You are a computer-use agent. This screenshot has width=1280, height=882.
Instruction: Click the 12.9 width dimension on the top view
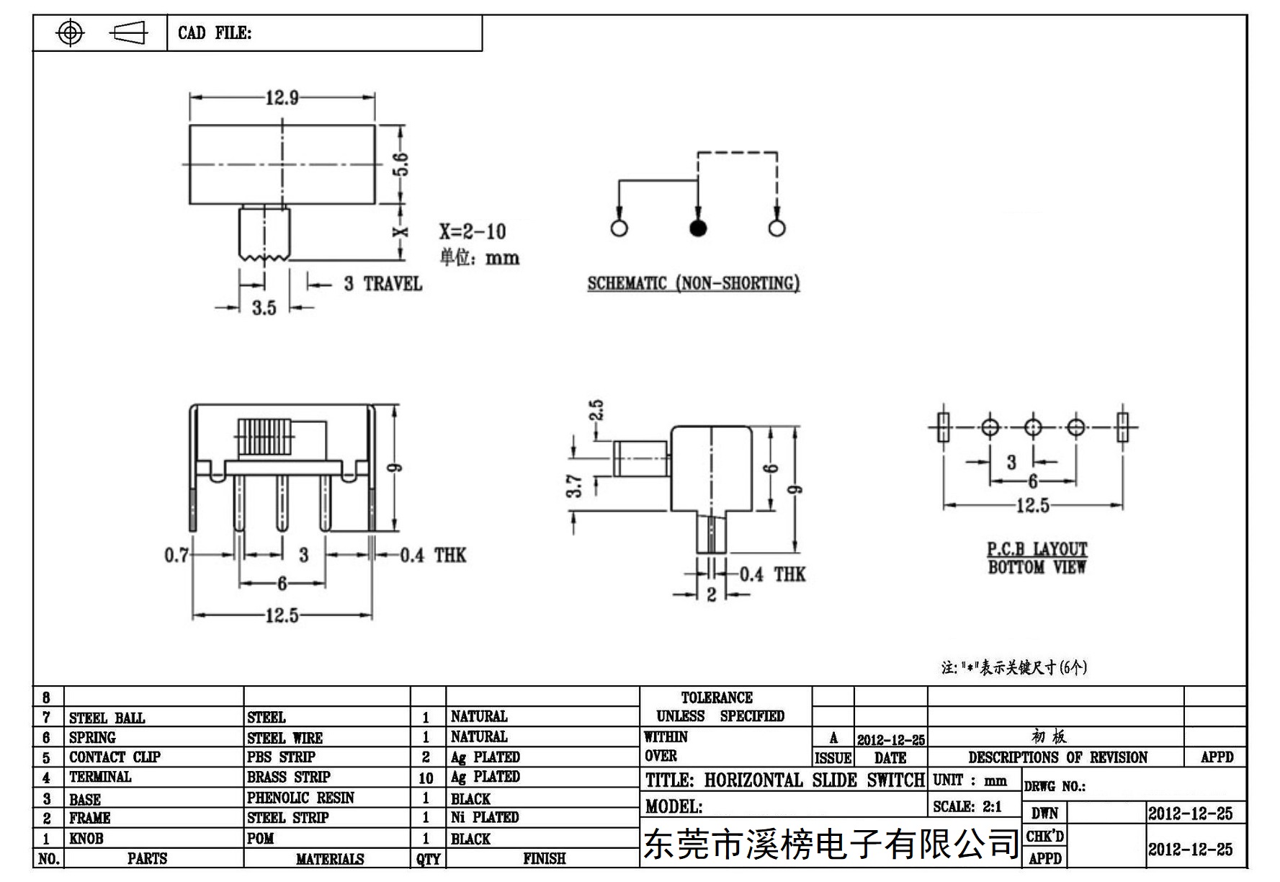[x=282, y=97]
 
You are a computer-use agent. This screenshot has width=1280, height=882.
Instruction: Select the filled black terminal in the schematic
[x=697, y=228]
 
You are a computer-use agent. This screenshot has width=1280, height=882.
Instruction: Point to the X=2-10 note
[x=473, y=231]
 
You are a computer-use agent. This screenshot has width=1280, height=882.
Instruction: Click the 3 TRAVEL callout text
[x=382, y=283]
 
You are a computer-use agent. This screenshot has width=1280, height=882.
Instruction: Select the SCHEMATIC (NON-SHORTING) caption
[x=694, y=283]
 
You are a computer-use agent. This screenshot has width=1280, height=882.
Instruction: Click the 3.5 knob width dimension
[x=264, y=308]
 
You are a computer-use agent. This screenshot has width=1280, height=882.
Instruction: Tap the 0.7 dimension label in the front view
[x=176, y=555]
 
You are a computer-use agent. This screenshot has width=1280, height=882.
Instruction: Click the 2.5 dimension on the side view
[x=596, y=410]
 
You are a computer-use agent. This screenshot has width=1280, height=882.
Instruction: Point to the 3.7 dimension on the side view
[x=574, y=486]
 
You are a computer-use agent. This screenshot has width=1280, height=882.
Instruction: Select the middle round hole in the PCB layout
[x=1033, y=427]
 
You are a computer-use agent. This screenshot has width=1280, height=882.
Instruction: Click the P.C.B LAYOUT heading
[x=1037, y=549]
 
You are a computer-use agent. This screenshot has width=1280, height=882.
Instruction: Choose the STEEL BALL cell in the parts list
[x=107, y=718]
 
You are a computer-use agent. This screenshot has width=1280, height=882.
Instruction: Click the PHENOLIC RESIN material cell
[x=300, y=798]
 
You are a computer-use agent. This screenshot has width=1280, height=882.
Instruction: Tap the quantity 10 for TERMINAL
[x=426, y=778]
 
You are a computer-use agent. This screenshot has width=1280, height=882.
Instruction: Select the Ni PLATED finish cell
[x=485, y=817]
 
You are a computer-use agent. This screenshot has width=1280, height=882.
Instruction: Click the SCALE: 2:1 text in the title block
[x=967, y=806]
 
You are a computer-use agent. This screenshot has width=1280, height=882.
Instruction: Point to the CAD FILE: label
[x=215, y=33]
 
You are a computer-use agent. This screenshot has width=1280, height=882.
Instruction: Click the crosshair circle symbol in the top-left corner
[x=70, y=32]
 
